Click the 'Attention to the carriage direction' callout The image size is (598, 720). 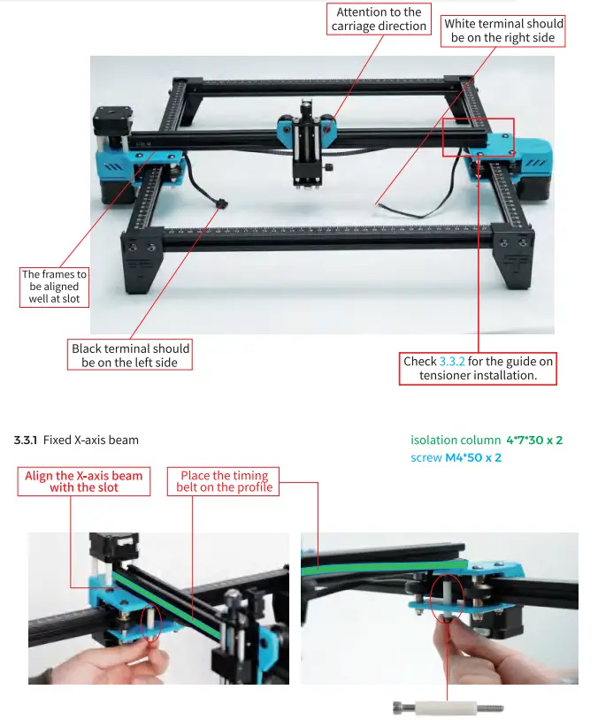379,19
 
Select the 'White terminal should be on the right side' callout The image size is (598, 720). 503,31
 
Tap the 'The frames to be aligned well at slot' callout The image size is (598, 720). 54,287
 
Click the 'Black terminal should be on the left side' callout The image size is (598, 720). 130,355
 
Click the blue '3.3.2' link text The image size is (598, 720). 452,361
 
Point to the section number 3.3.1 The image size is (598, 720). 26,440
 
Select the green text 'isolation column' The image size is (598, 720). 455,440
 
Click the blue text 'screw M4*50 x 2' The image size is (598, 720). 456,457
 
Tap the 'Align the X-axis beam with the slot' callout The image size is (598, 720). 84,481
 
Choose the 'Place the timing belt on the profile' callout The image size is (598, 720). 224,481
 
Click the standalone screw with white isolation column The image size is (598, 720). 448,706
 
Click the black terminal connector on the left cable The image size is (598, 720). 220,205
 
